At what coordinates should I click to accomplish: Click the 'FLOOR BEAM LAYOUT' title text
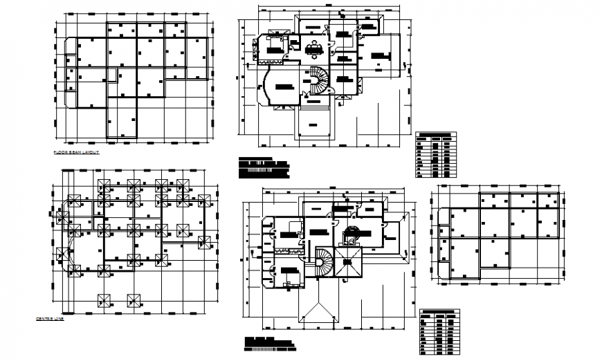pos(76,150)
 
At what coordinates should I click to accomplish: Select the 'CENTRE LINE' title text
pos(50,319)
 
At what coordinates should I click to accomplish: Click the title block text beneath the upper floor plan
pos(263,166)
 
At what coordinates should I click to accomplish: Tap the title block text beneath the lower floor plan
pos(270,342)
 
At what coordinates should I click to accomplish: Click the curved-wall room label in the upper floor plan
pos(282,86)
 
